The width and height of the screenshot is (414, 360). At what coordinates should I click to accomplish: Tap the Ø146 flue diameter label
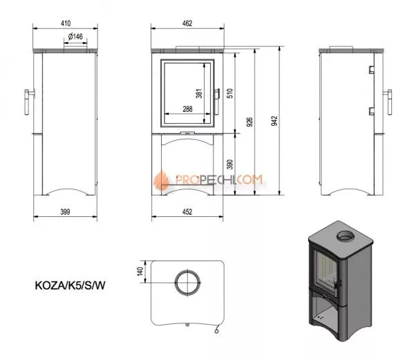pos(76,37)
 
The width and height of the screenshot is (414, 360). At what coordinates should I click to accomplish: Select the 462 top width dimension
pos(187,23)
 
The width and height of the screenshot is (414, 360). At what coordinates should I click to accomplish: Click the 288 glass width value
pos(187,109)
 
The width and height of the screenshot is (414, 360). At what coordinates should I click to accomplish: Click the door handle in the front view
pos(219,95)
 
